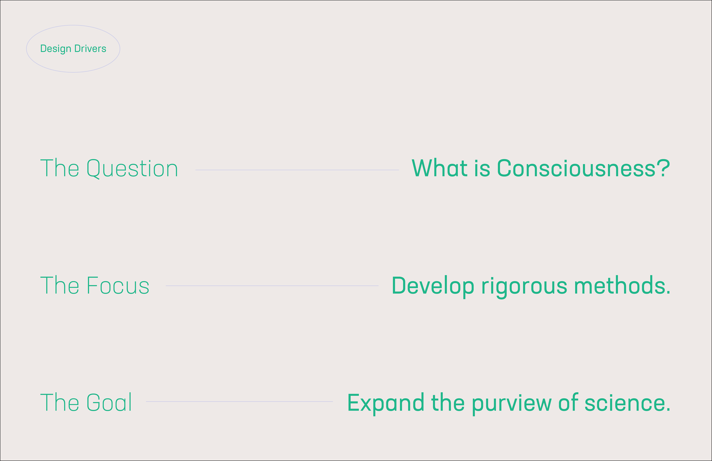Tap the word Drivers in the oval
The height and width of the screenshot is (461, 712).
click(90, 48)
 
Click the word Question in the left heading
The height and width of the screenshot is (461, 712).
click(132, 168)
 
